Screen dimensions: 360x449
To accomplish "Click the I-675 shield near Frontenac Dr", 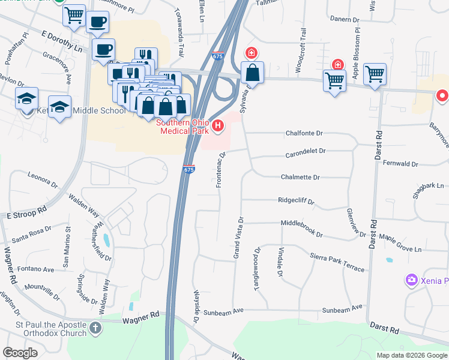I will tap(188, 170).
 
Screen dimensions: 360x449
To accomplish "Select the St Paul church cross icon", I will tap(95, 328).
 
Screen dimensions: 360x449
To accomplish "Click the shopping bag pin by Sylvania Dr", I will tap(253, 73).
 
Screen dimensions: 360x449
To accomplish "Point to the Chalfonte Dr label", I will tap(304, 133).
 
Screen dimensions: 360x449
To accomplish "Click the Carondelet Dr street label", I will tap(306, 151).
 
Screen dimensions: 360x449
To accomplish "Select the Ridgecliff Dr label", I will tap(297, 201).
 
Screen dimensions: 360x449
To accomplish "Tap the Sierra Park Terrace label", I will tap(337, 262).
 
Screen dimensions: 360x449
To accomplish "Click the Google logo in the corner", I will tap(20, 353).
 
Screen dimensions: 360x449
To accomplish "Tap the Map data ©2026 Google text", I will tap(412, 355).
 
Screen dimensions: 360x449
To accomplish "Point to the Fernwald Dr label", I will tap(399, 163).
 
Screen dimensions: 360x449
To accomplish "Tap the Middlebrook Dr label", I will tap(302, 228).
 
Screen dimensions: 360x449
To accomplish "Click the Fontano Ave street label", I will tap(35, 270).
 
